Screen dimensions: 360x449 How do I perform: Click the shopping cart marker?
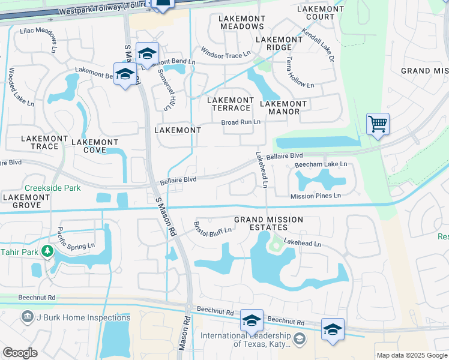378,124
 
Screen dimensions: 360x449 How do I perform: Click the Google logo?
20,353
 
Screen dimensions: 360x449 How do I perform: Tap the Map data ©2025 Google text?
411,355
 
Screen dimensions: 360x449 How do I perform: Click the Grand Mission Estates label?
268,224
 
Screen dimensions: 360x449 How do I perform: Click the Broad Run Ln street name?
241,122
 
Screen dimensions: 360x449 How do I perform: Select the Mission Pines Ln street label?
315,196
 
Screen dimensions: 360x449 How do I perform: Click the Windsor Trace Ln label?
225,55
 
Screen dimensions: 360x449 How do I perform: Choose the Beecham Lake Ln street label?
322,164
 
